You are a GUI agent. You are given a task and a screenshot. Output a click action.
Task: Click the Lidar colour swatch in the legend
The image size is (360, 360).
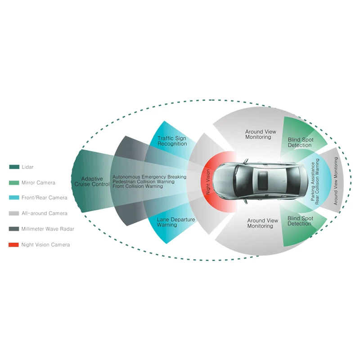click(x=14, y=167)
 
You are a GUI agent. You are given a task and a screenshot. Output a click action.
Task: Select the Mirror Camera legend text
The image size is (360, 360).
click(x=38, y=183)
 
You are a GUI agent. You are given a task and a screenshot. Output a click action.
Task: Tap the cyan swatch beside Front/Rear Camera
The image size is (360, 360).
click(x=14, y=198)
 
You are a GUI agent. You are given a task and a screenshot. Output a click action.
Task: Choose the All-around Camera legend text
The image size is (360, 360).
click(x=44, y=213)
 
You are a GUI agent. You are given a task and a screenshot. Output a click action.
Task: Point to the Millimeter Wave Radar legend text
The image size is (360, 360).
click(x=47, y=229)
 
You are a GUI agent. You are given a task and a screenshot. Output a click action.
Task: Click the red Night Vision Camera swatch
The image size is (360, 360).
click(x=14, y=245)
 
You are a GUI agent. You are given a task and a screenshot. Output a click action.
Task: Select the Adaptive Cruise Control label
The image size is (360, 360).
click(x=92, y=181)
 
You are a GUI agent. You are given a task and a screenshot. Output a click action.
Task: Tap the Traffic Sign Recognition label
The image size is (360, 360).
click(x=172, y=141)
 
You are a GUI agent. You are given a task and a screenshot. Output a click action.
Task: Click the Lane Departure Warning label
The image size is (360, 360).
click(x=170, y=222)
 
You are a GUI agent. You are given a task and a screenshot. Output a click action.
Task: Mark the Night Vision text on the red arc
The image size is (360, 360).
click(x=208, y=181)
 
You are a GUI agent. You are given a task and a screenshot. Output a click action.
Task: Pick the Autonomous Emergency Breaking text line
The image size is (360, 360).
click(x=149, y=177)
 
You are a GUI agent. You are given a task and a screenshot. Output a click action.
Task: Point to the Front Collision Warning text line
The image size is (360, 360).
click(x=137, y=186)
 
